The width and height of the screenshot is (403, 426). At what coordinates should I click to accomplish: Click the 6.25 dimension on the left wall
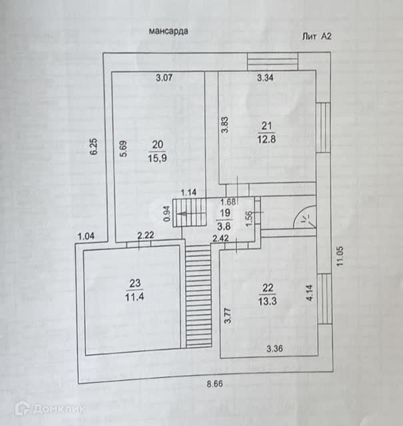click(x=94, y=147)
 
